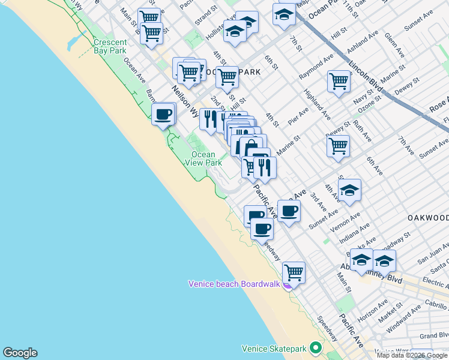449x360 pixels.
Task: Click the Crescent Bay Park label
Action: tap(110, 46)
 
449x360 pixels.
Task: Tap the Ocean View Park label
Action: tap(203, 158)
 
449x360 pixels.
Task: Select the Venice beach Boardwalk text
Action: tap(234, 284)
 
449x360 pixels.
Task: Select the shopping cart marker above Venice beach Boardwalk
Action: tap(294, 272)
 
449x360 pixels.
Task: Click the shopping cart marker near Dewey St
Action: tap(338, 145)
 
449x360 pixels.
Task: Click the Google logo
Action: tap(20, 353)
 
